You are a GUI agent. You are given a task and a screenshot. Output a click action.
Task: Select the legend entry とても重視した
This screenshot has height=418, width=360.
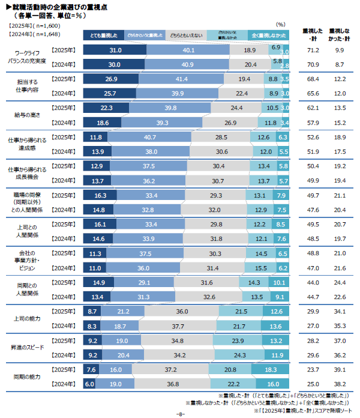104,36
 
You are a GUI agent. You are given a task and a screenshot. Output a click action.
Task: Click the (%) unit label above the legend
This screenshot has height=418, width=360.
281,24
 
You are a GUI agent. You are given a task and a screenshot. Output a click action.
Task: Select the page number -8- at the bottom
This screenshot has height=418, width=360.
179,414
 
